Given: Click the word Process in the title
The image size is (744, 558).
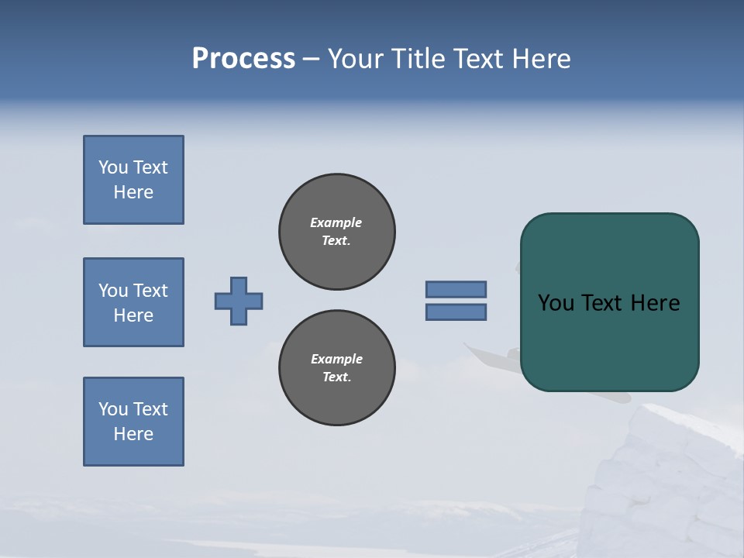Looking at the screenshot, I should tap(243, 59).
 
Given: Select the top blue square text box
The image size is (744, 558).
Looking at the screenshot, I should tap(133, 180).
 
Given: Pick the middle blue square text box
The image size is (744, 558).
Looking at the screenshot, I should tap(133, 302).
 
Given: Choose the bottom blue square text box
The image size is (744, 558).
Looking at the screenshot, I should tap(133, 422).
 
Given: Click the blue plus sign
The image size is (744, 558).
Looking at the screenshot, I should tap(239, 301).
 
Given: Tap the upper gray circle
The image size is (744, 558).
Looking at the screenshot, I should tap(337, 232).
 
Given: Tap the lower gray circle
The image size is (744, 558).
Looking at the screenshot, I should tap(337, 368).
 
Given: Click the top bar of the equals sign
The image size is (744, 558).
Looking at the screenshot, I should tap(456, 289).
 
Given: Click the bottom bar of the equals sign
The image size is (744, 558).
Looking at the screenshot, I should tap(456, 312).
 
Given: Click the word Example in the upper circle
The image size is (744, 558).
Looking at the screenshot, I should tap(336, 222).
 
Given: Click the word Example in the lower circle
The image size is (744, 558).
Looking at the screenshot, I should tap(336, 359).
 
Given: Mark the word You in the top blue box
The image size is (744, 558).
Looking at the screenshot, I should tap(113, 167).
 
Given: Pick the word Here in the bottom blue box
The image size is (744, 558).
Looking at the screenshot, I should tap(133, 434).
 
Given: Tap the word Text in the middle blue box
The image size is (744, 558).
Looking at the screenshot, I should tap(150, 291).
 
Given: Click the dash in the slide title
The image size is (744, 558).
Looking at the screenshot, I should tap(311, 59).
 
